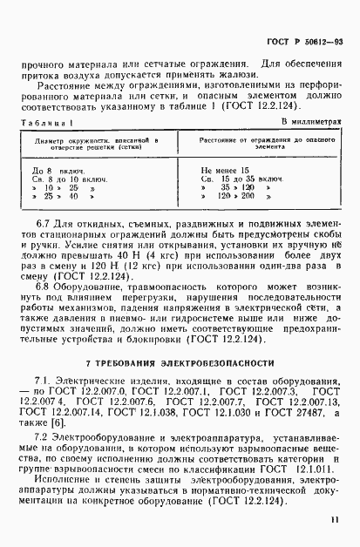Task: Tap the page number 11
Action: coord(334,521)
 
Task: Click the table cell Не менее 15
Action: coord(224,169)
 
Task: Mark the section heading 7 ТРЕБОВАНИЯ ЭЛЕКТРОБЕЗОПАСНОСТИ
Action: coord(180,361)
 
